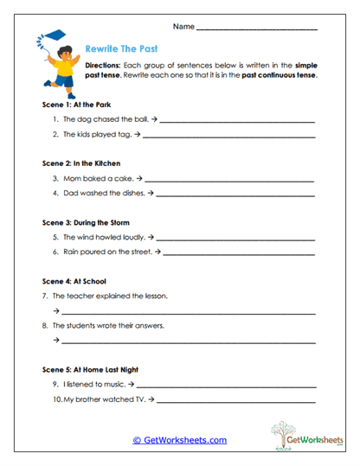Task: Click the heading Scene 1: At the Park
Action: click(x=76, y=104)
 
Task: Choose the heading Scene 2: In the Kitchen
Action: click(x=81, y=163)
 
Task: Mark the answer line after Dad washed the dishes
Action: click(x=237, y=195)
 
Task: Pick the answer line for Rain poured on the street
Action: click(x=239, y=254)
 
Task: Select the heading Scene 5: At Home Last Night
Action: click(x=90, y=369)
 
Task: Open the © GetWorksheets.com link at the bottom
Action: click(x=179, y=440)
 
